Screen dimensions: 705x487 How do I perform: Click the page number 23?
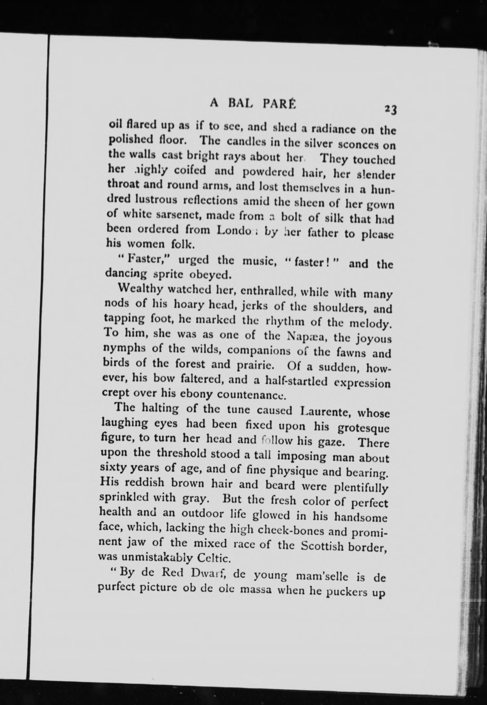pos(390,109)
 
